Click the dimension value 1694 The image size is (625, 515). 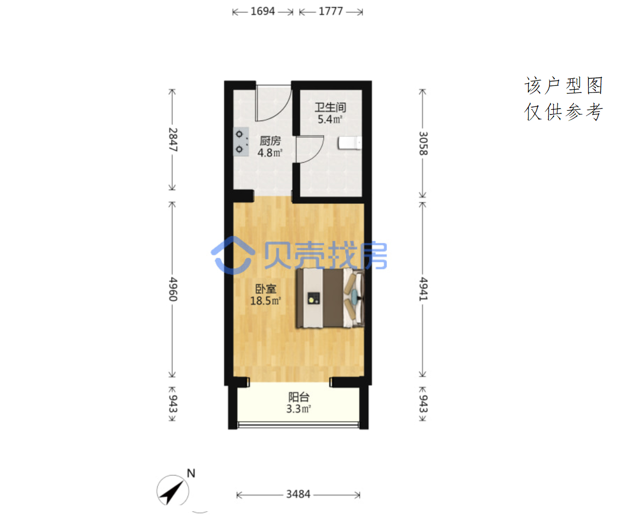click(x=263, y=11)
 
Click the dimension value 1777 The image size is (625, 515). click(x=331, y=11)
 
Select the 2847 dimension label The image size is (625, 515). click(x=173, y=139)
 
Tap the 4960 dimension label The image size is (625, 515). click(x=173, y=289)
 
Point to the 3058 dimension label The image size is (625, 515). click(x=423, y=144)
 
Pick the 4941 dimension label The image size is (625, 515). click(x=423, y=289)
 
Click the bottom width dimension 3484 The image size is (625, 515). click(x=298, y=494)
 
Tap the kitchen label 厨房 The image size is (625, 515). click(x=270, y=141)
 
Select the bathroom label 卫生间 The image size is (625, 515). click(x=331, y=107)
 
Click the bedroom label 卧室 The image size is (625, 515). click(x=265, y=289)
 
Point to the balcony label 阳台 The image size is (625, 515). click(x=299, y=397)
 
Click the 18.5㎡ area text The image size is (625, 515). click(x=265, y=300)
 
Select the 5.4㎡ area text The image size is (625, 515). click(x=330, y=119)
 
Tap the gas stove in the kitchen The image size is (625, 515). click(x=241, y=142)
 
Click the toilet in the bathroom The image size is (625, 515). click(x=350, y=143)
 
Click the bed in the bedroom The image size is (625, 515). click(x=330, y=298)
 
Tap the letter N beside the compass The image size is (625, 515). click(x=191, y=473)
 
